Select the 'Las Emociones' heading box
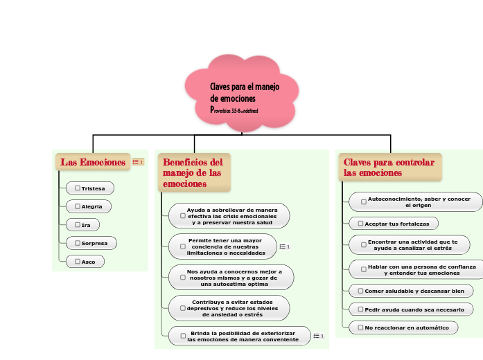(x=93, y=162)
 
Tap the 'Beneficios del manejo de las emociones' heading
(x=194, y=172)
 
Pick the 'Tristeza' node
(x=90, y=188)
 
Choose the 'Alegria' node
(x=89, y=206)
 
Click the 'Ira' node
(x=82, y=225)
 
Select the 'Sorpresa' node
(x=91, y=243)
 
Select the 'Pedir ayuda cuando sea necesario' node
(x=411, y=309)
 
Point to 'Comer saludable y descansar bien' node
(x=411, y=291)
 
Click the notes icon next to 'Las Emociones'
(x=138, y=162)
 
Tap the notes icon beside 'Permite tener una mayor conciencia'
(x=283, y=246)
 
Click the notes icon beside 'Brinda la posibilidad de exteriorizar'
(x=318, y=336)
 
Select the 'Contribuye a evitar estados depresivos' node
(x=229, y=308)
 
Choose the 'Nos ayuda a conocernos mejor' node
(x=231, y=277)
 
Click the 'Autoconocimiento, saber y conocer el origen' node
(x=415, y=202)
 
